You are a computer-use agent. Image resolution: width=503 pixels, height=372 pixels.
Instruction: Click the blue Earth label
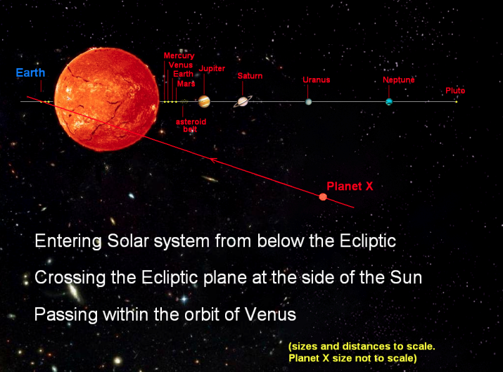[x=30, y=73]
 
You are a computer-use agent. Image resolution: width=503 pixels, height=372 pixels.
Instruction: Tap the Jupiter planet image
[x=204, y=101]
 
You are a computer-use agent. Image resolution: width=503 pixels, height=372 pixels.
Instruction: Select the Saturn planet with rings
[x=243, y=101]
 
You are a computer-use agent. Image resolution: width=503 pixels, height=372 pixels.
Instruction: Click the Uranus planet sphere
[x=308, y=102]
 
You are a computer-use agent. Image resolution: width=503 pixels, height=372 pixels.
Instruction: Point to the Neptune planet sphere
[x=389, y=102]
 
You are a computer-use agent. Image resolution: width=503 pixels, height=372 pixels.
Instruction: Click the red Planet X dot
[x=323, y=197]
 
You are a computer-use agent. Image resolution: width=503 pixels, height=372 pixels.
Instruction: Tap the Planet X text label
[x=350, y=186]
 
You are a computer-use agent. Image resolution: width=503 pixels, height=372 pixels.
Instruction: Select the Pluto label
[x=455, y=91]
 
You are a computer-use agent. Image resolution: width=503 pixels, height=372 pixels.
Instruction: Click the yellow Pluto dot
[x=456, y=102]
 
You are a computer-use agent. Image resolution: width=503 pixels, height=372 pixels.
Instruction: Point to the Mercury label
[x=179, y=56]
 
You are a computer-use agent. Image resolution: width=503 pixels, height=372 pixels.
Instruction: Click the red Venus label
[x=181, y=65]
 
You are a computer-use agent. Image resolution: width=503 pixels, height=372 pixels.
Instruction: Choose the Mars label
[x=186, y=84]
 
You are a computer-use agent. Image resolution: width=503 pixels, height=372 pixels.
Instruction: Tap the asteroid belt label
[x=191, y=125]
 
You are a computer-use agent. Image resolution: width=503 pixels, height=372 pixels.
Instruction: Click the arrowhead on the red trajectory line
[x=212, y=160]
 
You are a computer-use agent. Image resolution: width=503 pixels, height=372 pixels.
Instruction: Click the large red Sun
[x=106, y=99]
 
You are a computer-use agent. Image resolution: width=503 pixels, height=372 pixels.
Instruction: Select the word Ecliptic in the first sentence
[x=368, y=240]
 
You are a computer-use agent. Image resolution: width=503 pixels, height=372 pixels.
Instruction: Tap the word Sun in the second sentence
[x=406, y=277]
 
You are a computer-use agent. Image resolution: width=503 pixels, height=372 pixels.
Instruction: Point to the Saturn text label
[x=250, y=76]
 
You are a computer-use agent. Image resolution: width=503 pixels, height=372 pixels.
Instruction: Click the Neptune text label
[x=398, y=79]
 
